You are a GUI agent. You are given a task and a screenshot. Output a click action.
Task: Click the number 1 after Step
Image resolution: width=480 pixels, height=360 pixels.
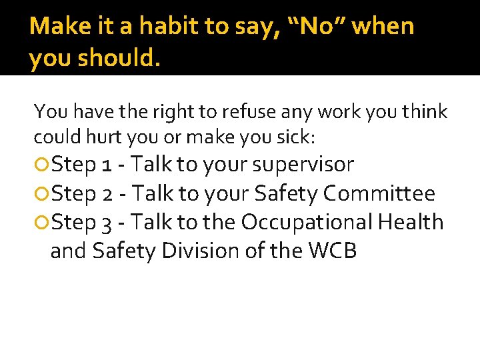point(107,165)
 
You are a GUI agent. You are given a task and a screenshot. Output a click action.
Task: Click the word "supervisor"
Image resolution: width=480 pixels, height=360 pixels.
point(303,165)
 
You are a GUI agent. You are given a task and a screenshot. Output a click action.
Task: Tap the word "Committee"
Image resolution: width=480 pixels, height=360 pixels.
point(379,194)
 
